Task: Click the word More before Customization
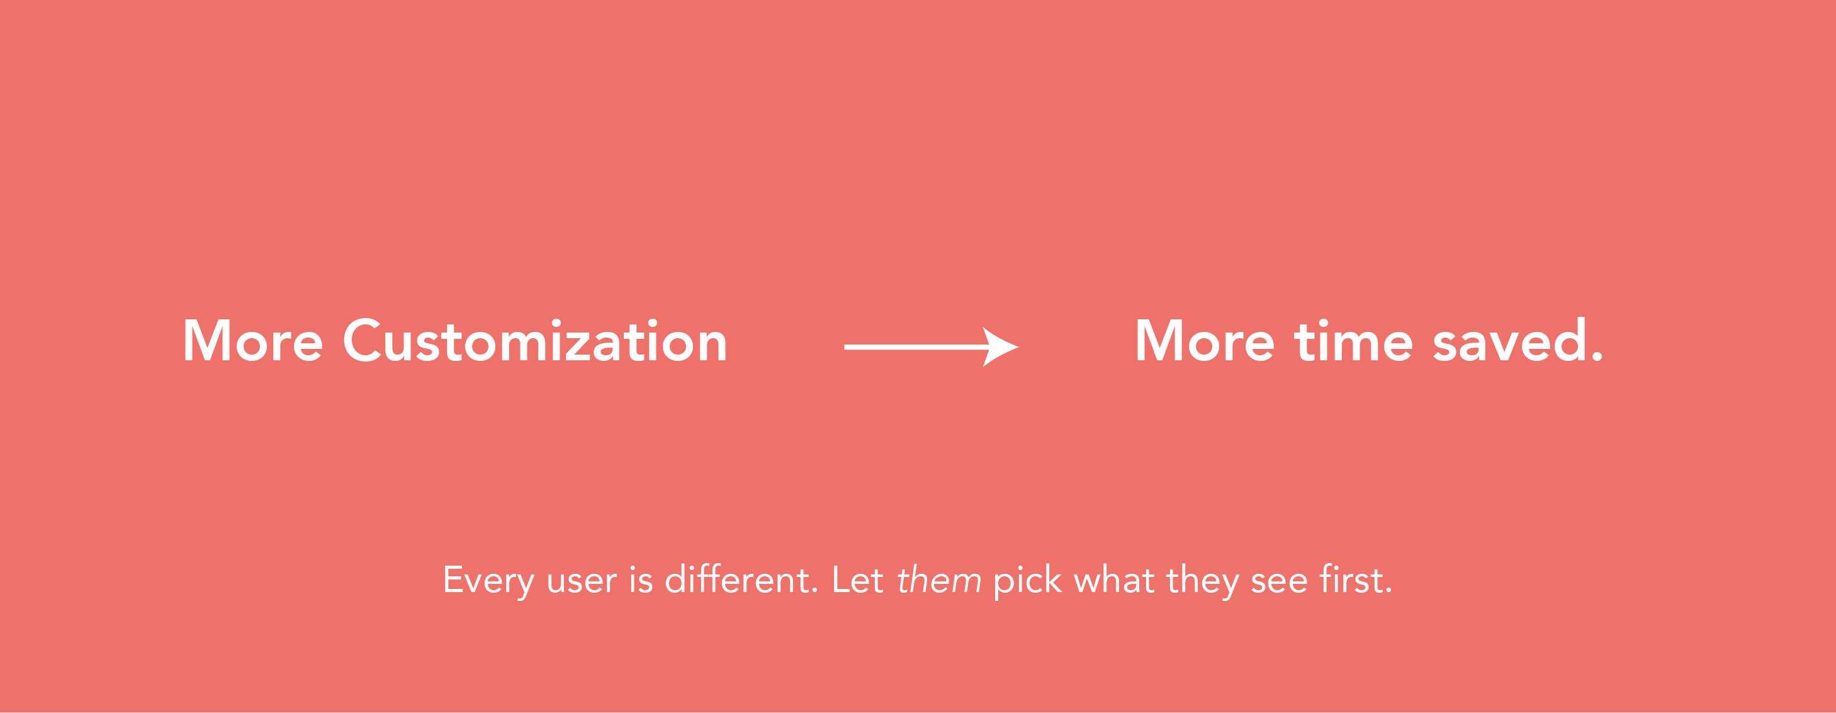coord(253,341)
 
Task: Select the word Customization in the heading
coord(535,341)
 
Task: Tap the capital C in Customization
coord(362,341)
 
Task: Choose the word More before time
coord(1205,341)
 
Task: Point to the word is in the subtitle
coord(641,579)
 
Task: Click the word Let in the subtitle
coord(857,579)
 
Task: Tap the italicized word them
coord(938,579)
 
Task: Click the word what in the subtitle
coord(1114,579)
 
